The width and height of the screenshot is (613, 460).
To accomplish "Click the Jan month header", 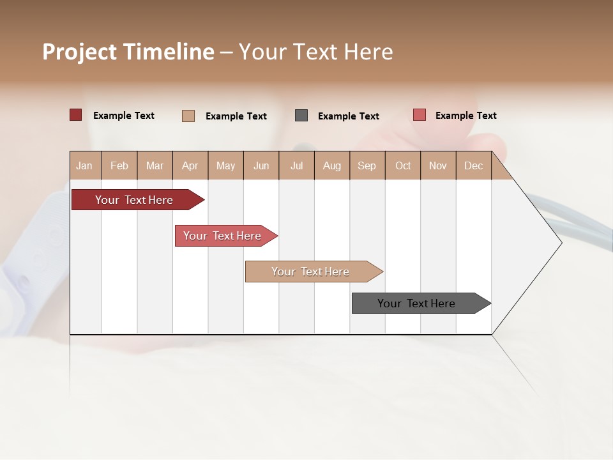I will (85, 165).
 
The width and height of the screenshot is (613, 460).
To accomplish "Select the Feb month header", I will (119, 165).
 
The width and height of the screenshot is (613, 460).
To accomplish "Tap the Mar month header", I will (155, 165).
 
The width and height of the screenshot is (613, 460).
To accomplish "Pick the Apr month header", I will (190, 165).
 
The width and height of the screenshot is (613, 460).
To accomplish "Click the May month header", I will (225, 165).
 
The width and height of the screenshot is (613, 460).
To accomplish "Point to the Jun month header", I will (261, 165).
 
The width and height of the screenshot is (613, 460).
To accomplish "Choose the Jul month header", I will (296, 165).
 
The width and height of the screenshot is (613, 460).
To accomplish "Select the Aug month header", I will (332, 165).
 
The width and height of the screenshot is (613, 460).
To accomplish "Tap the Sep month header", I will (367, 165).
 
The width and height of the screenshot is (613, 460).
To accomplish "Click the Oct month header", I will (403, 165).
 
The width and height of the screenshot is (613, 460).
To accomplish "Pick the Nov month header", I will (438, 165).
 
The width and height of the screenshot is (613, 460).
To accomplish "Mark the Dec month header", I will (474, 165).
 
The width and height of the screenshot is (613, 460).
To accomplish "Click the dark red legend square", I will (76, 115).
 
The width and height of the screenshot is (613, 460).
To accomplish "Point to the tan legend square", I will (188, 116).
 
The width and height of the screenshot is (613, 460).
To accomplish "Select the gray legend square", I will (301, 115).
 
